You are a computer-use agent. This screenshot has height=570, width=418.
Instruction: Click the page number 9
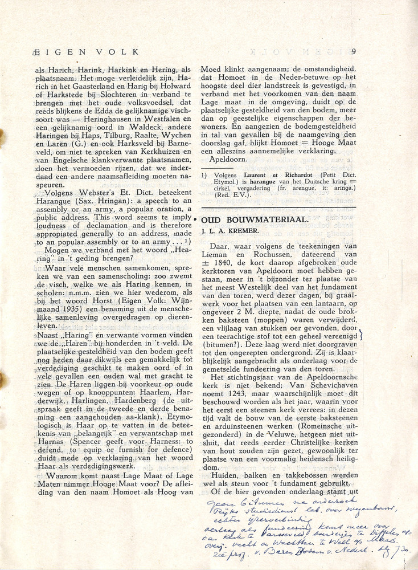point(354,52)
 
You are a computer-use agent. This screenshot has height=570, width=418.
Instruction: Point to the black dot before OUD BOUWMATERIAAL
point(195,219)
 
